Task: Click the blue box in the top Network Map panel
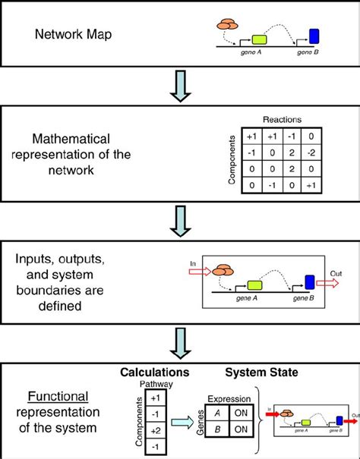coord(314,35)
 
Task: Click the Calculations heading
coord(155,373)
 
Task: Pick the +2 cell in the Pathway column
coord(156,429)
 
